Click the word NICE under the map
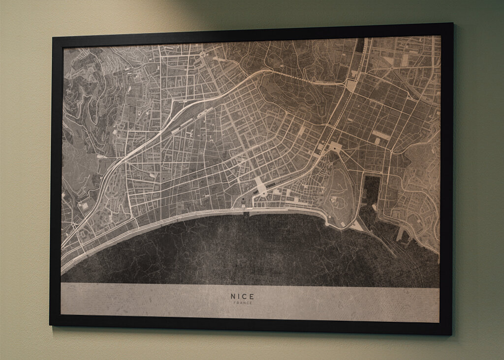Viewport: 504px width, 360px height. [242, 297]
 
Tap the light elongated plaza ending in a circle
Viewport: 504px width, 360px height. [260, 187]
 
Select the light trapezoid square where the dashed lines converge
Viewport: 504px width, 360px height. [352, 84]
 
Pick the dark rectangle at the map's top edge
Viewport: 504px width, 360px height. [360, 45]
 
